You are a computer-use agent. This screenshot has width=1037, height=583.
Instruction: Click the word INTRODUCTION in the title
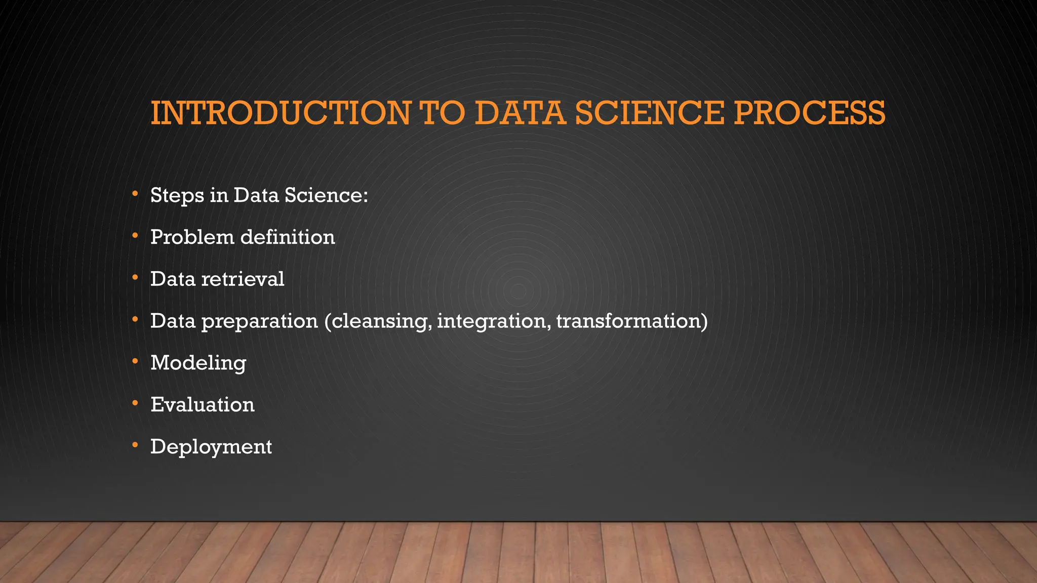[281, 113]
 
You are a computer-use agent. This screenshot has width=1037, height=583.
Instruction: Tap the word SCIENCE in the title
[650, 113]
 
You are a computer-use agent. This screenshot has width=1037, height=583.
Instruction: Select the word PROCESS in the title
[809, 113]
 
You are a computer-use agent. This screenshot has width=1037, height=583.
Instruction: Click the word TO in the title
[442, 113]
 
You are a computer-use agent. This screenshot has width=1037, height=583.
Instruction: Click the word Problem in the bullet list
[192, 237]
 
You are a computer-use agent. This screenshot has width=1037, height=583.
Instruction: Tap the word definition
[288, 237]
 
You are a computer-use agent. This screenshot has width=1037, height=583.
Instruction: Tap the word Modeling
[198, 363]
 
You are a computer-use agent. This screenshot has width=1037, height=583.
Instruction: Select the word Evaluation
[203, 405]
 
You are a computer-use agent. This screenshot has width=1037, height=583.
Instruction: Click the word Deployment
[211, 447]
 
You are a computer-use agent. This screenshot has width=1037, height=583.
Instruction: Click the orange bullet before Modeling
[135, 361]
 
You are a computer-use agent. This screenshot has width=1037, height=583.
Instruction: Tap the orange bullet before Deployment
[135, 445]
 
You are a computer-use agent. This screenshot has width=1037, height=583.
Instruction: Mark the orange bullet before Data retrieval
[135, 277]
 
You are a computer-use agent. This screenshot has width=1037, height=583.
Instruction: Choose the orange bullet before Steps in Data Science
[135, 193]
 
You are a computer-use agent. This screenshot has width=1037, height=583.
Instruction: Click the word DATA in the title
[520, 113]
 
